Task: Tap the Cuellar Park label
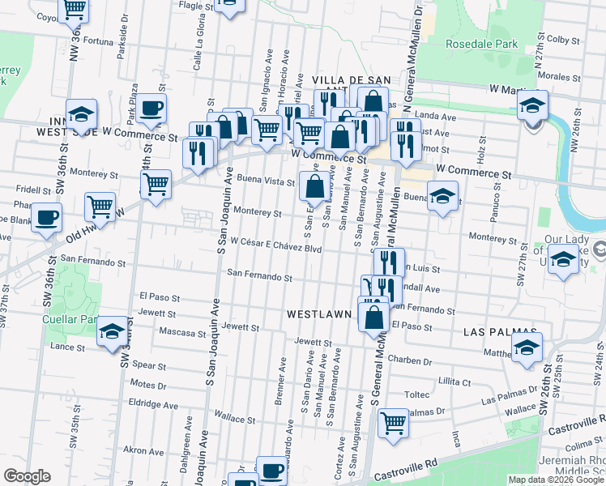[70, 318]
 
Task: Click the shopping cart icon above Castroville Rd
[393, 421]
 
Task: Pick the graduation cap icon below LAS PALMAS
[527, 348]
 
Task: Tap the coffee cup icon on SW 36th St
[47, 216]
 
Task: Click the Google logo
[27, 477]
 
